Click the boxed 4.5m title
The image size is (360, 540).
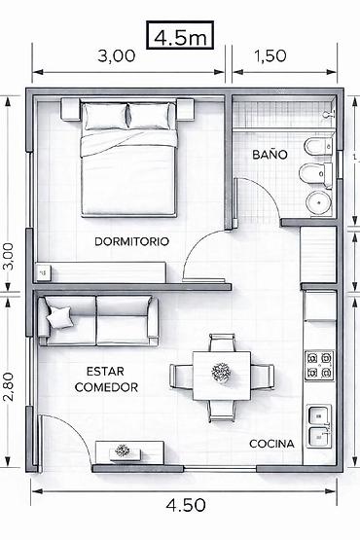coord(180,35)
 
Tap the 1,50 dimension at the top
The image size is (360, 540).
coord(270,55)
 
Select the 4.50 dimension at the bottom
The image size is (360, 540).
coord(186,506)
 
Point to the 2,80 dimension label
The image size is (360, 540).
coord(9,386)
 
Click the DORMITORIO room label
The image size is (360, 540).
coord(132,241)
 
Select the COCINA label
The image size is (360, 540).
coord(271,444)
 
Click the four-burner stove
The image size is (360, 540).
coord(319,366)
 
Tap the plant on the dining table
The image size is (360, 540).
coord(221,373)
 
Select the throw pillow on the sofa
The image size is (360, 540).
coord(60,316)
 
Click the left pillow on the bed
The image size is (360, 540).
coord(105,116)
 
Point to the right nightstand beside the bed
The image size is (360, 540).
coord(186,109)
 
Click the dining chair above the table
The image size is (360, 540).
coord(223,342)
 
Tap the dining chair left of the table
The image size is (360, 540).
coord(181,377)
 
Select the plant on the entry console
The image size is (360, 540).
coord(122,450)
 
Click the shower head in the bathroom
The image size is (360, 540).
coord(328,114)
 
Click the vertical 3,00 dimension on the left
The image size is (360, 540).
coord(9,257)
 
